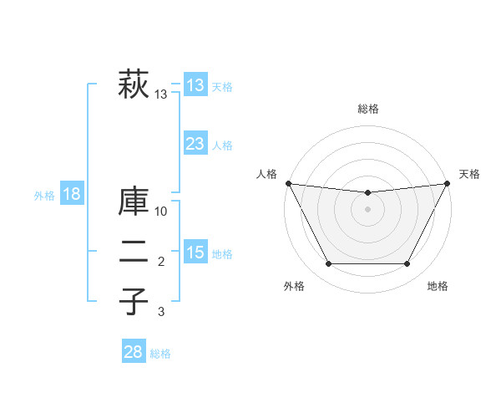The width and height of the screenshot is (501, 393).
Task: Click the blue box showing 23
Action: (195, 144)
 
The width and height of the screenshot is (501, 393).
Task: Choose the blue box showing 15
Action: (195, 253)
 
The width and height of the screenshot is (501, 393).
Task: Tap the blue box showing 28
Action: (134, 352)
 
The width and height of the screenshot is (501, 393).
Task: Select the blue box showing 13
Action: (195, 85)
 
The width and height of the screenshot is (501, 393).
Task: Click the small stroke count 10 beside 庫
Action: (161, 212)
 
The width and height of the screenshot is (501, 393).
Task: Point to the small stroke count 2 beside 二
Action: (161, 263)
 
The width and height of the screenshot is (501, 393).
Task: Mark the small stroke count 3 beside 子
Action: (161, 312)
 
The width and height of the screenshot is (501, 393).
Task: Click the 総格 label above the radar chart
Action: (368, 109)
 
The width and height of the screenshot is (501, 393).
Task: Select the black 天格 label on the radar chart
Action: (470, 174)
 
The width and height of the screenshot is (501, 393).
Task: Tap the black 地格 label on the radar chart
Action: (438, 287)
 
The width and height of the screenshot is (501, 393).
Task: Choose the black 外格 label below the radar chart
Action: (294, 287)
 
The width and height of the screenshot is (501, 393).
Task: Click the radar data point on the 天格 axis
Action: (448, 183)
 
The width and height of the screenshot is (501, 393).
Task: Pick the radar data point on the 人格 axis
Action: (288, 183)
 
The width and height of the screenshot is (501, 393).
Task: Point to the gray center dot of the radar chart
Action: (367, 209)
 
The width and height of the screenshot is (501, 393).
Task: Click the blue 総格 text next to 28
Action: (160, 354)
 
